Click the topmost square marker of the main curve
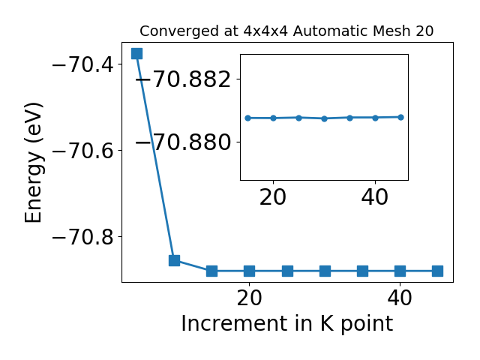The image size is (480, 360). [136, 53]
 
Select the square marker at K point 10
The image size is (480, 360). [174, 260]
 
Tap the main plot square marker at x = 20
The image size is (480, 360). [250, 271]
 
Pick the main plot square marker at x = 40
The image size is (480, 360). [400, 271]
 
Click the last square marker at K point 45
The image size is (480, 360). [438, 271]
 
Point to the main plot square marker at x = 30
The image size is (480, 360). [325, 271]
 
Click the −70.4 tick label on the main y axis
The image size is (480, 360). [83, 64]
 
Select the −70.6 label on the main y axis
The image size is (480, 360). [83, 151]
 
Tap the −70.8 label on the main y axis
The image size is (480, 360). [83, 237]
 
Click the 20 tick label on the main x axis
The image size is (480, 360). [250, 298]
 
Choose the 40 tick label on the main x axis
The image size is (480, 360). [400, 298]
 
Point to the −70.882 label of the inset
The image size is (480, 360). [183, 79]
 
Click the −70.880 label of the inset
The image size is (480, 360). [183, 142]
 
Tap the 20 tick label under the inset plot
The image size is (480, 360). [273, 197]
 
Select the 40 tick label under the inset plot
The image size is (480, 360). [375, 197]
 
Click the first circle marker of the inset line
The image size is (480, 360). [248, 118]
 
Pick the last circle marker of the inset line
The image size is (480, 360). [400, 117]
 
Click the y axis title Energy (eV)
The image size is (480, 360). [33, 163]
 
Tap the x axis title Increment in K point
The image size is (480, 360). [287, 324]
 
